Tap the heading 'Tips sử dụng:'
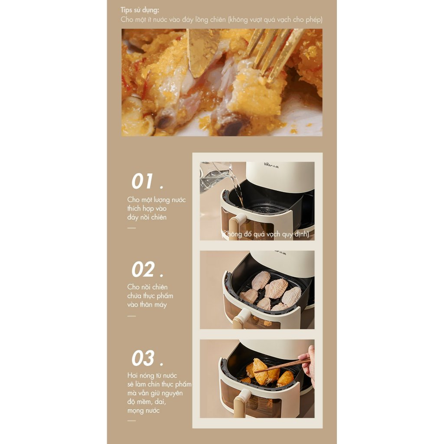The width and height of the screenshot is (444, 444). [x=140, y=10]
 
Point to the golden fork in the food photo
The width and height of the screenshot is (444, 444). [x=272, y=54]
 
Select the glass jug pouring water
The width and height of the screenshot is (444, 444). [x=215, y=177]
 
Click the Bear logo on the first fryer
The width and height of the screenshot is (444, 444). [x=271, y=164]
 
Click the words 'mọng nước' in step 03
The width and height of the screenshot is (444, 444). [x=143, y=411]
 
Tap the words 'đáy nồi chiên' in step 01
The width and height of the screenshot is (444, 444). [x=147, y=218]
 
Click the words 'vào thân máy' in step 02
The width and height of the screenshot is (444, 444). [x=147, y=305]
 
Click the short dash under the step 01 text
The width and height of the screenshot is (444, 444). [x=131, y=228]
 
